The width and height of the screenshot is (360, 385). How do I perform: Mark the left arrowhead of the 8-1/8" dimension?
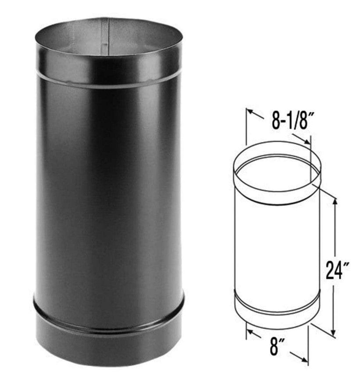pos(250,111)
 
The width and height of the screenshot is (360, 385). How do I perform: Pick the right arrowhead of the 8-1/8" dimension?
pos(307,141)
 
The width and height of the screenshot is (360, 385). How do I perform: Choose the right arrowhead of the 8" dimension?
pos(304,360)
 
